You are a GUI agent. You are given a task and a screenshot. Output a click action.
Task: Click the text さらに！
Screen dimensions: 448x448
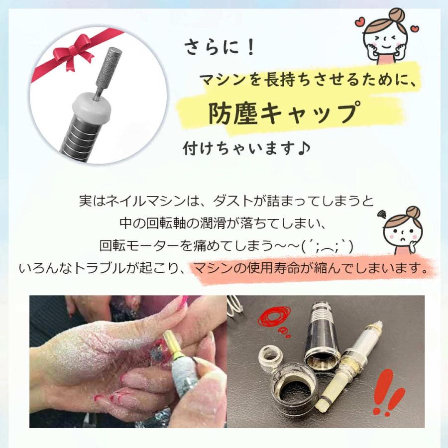[220, 48]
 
